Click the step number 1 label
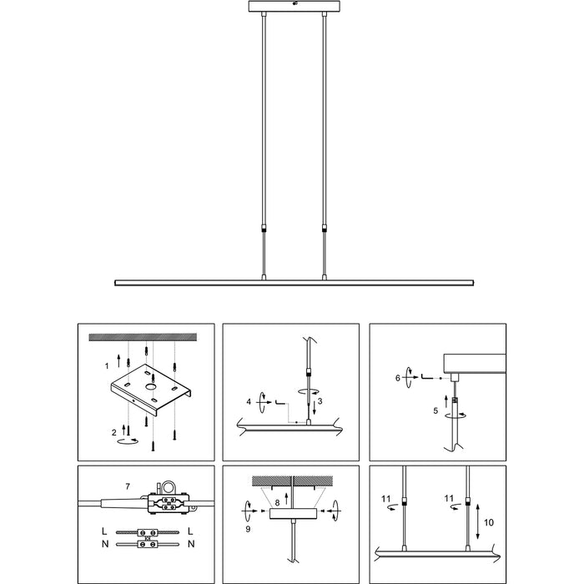coord(107,366)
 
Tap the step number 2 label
coord(114,431)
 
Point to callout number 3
coord(319,401)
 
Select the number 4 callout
coord(249,401)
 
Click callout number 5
coord(435,410)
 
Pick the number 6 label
coord(399,378)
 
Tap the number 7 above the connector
coord(127,486)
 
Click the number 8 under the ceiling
coord(276,502)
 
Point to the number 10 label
coord(489,521)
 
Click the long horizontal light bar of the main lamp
coord(292,282)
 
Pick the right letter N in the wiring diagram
coord(192,545)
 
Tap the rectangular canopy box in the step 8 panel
coord(293,516)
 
